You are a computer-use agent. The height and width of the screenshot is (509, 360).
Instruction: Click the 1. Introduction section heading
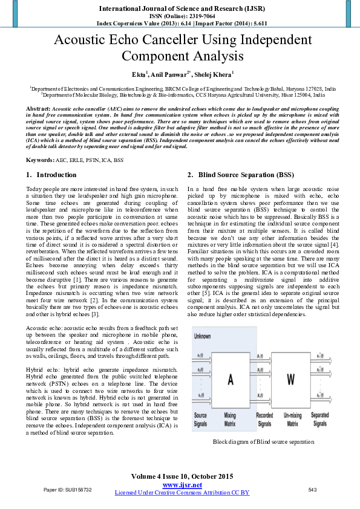(x=52, y=175)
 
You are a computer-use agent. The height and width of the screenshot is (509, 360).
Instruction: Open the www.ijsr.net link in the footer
(x=182, y=485)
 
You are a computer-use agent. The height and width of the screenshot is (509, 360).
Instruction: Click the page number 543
(x=312, y=490)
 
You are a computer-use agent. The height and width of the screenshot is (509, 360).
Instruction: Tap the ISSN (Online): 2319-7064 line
(x=182, y=16)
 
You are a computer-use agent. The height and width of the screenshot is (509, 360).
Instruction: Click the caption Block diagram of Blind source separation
(x=263, y=442)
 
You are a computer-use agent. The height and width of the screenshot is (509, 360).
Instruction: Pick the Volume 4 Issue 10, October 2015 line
(x=182, y=477)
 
